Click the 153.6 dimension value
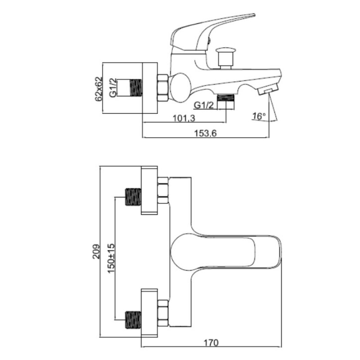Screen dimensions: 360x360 coord(205,133)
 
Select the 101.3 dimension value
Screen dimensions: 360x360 coord(184,118)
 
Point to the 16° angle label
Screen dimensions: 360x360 coord(259,116)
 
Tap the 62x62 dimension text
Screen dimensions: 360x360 coord(98,89)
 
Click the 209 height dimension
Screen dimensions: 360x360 coord(96,252)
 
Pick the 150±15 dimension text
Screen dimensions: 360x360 coord(111,258)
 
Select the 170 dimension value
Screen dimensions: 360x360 coord(211,342)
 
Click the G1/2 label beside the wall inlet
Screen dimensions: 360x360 coord(113,88)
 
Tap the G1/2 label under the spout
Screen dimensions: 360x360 coord(204,105)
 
